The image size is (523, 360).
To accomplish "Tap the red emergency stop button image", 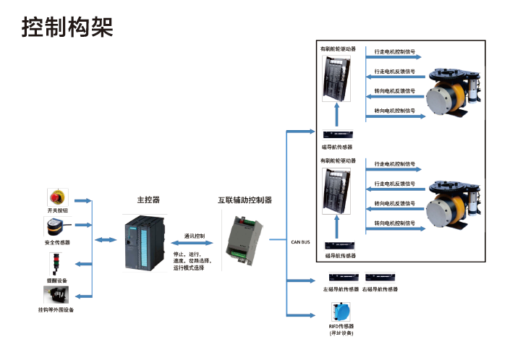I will point(56,197).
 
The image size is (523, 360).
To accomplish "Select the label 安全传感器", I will point(57,242).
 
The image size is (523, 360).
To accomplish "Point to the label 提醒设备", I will point(56,280).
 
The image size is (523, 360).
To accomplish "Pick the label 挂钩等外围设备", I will point(56,309).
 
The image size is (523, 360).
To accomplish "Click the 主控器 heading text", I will point(148,200).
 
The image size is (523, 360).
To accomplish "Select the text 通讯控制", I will point(195,236).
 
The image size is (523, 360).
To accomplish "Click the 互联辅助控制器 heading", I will point(245,200).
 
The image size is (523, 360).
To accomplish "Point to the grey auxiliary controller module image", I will point(243,239).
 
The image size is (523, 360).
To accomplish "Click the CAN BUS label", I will point(300,242).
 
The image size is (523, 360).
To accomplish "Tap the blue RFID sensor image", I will point(341,312).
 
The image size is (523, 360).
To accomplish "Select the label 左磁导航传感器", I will point(341,289).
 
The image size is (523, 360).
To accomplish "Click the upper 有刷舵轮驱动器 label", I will point(339,49).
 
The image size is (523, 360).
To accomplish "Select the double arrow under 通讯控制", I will point(195,245).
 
